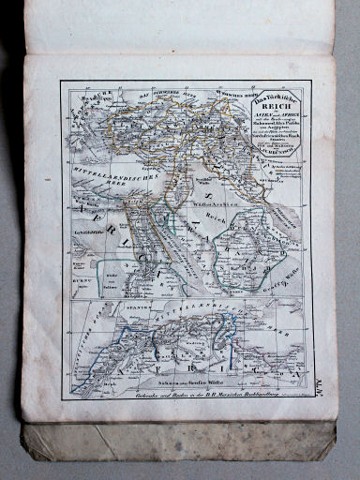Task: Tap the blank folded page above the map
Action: coord(178,28)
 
